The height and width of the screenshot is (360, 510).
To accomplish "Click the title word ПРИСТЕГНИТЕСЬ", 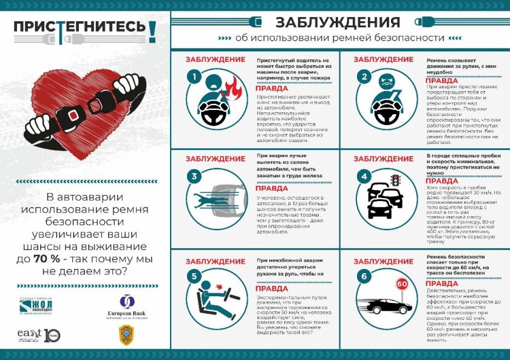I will point(79,27).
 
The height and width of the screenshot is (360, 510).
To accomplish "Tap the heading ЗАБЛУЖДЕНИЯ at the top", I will point(338,22).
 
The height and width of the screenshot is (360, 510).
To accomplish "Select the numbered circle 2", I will point(364,77).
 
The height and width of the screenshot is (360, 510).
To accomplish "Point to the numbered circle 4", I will point(364,177).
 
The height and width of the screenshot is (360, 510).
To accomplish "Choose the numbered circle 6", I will point(364,276).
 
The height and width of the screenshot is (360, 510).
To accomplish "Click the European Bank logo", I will point(127,309).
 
